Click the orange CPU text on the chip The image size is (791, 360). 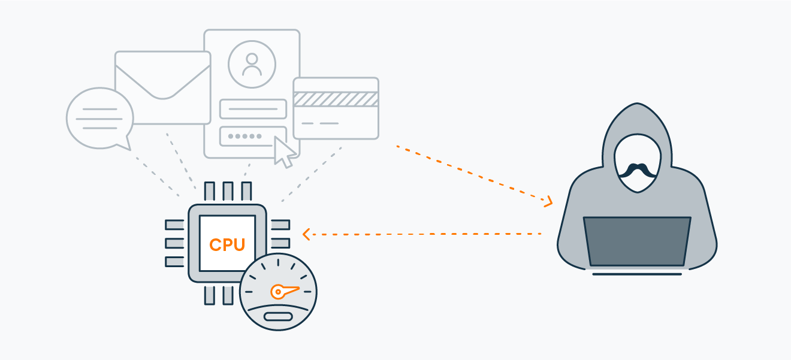227,244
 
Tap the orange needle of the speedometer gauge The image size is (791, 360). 284,291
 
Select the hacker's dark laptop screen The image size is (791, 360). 637,241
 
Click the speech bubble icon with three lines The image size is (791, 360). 99,119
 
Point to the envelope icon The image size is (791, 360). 163,87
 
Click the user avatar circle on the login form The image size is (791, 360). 252,64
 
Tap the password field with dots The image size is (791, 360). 253,136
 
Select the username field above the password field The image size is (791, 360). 253,109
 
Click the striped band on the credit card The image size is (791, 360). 336,99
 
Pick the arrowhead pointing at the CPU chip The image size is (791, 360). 306,234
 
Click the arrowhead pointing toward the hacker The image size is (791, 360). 548,201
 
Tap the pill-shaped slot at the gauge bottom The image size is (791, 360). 278,317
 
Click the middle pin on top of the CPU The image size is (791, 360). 228,191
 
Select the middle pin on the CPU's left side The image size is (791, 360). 174,243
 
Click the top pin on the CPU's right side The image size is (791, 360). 280,225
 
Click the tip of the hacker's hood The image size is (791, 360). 637,104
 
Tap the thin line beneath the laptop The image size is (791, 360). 637,274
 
